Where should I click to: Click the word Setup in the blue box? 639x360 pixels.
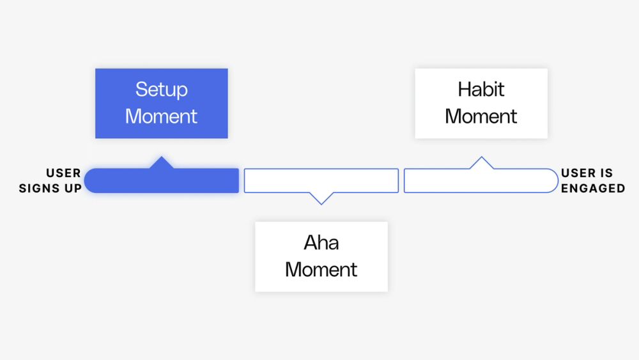(x=161, y=90)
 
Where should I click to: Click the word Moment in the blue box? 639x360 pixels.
(x=161, y=116)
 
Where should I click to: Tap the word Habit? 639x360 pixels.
(x=481, y=90)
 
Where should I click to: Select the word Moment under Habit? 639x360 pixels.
(x=481, y=116)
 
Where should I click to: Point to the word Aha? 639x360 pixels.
(x=321, y=243)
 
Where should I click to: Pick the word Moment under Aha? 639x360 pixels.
(x=321, y=269)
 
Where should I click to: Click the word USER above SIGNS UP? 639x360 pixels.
(x=63, y=173)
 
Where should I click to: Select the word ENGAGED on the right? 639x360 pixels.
(x=593, y=188)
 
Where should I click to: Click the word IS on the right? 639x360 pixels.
(x=606, y=173)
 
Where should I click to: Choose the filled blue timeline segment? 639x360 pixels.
(x=166, y=180)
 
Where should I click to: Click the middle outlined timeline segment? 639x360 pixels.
(x=321, y=180)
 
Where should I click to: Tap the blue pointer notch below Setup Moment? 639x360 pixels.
(x=162, y=162)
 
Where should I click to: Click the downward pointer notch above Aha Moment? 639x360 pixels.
(x=321, y=198)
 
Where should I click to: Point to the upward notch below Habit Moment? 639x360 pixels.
(x=481, y=163)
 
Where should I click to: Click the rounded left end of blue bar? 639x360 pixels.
(x=93, y=180)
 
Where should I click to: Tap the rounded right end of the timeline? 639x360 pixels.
(x=550, y=180)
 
